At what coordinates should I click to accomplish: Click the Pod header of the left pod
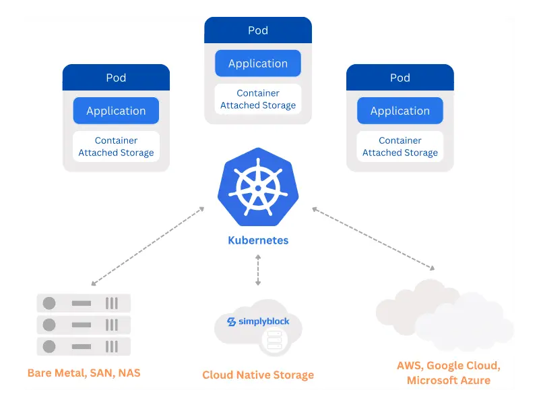(x=116, y=78)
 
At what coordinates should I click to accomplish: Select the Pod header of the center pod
(x=258, y=30)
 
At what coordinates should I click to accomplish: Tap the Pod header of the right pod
(x=400, y=78)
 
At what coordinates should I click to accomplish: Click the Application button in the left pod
(x=116, y=111)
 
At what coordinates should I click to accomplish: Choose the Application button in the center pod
(x=258, y=63)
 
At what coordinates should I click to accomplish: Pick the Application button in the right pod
(x=400, y=111)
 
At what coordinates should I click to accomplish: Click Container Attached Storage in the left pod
(x=116, y=146)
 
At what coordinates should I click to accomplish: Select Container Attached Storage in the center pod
(x=258, y=99)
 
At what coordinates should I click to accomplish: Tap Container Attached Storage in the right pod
(x=400, y=146)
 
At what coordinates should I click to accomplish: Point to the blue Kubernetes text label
(x=258, y=240)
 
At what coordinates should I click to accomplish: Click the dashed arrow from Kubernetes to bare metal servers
(x=148, y=246)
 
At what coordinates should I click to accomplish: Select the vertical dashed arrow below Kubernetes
(x=258, y=270)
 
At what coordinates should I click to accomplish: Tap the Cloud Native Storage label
(x=258, y=375)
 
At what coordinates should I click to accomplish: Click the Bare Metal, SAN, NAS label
(x=84, y=373)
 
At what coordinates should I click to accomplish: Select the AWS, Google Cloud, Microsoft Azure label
(x=448, y=373)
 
